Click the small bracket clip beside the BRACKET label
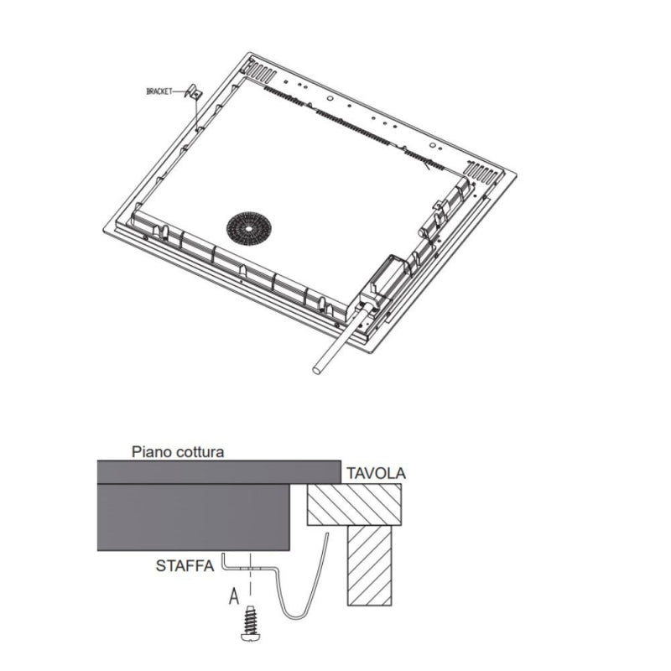pyautogui.click(x=191, y=93)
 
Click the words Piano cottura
pyautogui.click(x=178, y=451)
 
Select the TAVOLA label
pyautogui.click(x=376, y=473)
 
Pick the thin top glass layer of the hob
pyautogui.click(x=218, y=471)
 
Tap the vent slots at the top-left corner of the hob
pyautogui.click(x=261, y=68)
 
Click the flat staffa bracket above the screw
pyautogui.click(x=252, y=568)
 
